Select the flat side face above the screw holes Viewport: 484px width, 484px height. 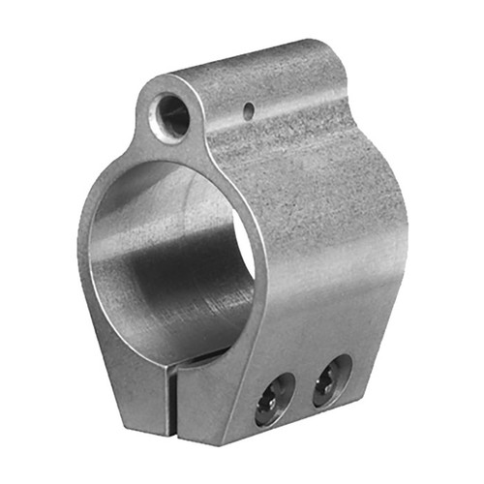(x=310, y=271)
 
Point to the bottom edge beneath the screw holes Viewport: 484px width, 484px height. (x=300, y=426)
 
